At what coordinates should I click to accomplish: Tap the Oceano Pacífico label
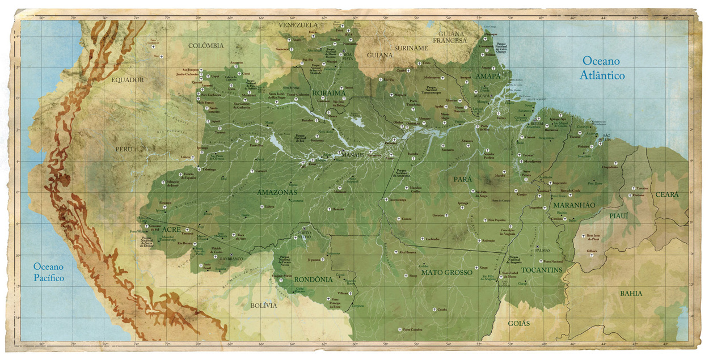[49, 272]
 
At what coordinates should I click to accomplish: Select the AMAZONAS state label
[277, 193]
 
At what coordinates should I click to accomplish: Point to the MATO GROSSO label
[447, 272]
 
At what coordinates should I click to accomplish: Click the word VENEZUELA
[298, 25]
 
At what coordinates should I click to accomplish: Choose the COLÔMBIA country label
[206, 45]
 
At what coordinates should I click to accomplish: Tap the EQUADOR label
[127, 80]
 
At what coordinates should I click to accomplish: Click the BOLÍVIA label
[264, 306]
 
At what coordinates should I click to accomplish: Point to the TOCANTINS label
[542, 270]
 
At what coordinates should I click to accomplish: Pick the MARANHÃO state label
[574, 204]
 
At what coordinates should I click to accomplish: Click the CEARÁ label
[666, 194]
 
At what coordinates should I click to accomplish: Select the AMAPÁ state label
[488, 76]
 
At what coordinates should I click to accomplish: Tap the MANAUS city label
[353, 154]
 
